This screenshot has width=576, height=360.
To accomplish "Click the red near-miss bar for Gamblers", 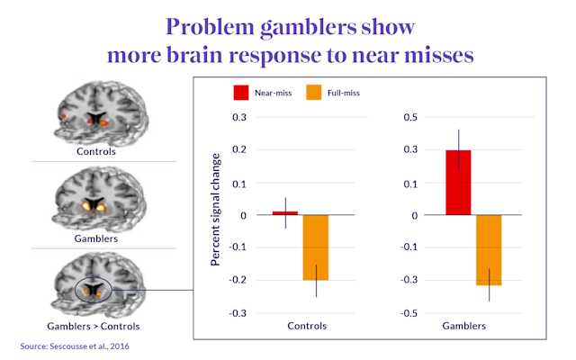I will [459, 183].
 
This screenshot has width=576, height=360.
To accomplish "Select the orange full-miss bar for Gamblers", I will [489, 249].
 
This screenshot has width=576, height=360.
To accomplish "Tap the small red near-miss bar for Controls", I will [285, 213].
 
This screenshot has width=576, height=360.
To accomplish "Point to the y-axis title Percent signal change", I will [215, 215].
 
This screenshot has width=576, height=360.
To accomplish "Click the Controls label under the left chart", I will [306, 326].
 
